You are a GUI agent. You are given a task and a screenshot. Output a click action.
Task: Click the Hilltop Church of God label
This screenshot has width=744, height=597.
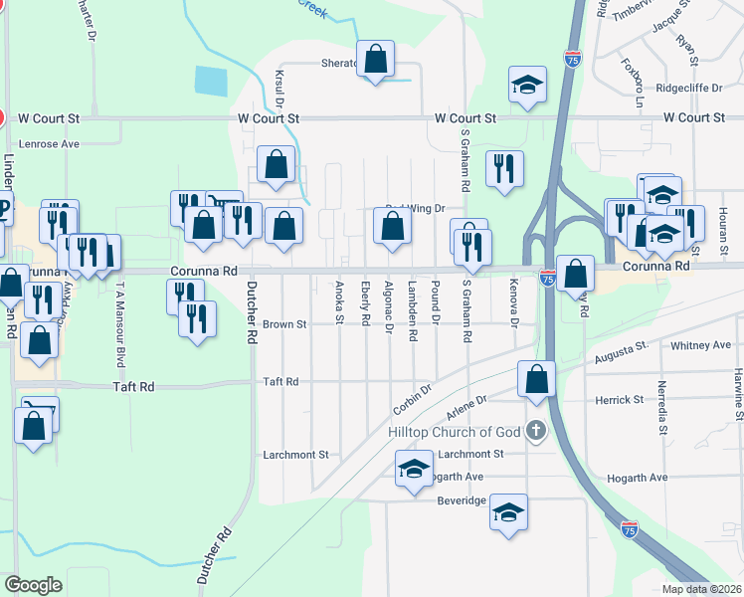coord(454,432)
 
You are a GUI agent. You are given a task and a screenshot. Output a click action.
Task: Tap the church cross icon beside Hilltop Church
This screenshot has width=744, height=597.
coord(536,431)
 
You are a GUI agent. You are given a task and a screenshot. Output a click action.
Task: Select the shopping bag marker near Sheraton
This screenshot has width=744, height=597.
coord(376,61)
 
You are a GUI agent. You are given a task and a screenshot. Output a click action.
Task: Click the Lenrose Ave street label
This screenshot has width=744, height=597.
coord(42,143)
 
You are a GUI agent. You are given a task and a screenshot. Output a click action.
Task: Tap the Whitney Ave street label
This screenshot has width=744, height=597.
coord(701,345)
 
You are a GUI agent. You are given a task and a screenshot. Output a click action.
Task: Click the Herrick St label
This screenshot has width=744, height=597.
coord(619,400)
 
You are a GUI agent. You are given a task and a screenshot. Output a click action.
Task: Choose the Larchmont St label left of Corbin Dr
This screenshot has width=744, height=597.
coord(295,455)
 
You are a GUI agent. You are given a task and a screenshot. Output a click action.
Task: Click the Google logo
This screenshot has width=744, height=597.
coord(33,585)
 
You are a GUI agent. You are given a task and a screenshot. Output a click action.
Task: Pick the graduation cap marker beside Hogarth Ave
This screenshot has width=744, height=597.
coord(414,469)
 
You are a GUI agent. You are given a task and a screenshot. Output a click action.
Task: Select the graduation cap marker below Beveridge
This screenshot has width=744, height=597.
coord(508,512)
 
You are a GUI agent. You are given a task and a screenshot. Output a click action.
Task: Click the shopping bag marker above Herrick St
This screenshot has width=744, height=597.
coord(537,380)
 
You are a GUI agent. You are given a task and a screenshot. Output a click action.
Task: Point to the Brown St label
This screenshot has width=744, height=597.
coord(285,324)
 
